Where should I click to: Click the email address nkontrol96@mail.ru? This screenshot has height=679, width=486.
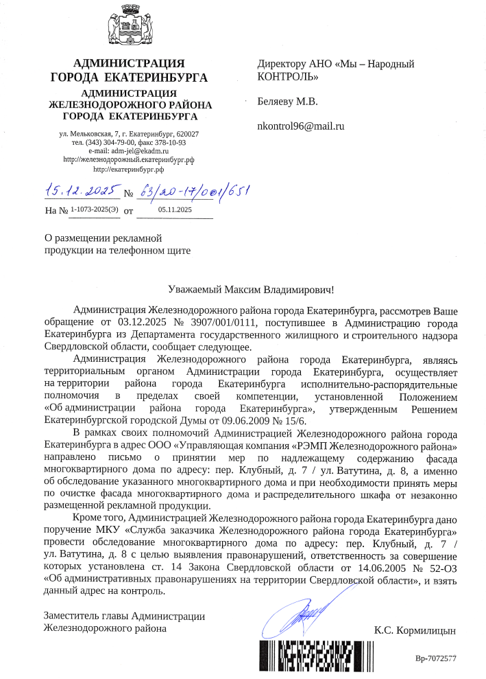pyautogui.click(x=300, y=126)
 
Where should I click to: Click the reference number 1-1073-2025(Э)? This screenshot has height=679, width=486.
pyautogui.click(x=95, y=209)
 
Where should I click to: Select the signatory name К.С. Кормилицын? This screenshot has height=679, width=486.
pyautogui.click(x=415, y=630)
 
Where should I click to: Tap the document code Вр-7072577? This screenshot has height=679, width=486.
pyautogui.click(x=436, y=659)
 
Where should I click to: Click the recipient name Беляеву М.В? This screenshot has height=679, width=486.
pyautogui.click(x=287, y=103)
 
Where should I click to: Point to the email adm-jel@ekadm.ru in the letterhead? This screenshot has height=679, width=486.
pyautogui.click(x=139, y=150)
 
